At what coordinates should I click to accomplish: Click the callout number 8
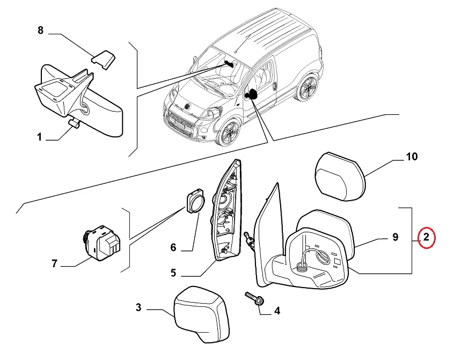pos(41,30)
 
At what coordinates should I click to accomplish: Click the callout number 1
pos(39,137)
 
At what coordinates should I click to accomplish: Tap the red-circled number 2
pos(426,237)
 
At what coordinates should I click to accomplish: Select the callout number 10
pos(412,157)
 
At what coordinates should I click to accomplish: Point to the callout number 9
pos(396,237)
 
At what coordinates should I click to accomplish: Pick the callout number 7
pos(54,263)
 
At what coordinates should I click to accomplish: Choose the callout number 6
pos(173,247)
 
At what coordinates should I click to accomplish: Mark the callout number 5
pos(173,273)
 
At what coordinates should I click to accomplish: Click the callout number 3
pos(138,307)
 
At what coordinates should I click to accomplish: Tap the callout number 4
pos(277,311)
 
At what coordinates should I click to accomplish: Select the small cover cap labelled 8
pos(103,60)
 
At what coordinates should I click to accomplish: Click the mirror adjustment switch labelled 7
pos(102,243)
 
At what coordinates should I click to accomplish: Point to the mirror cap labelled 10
pos(340,177)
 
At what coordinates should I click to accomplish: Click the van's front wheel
pos(229,132)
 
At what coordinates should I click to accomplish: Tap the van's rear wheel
pos(308,87)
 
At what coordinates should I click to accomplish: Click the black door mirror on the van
pos(251,94)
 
